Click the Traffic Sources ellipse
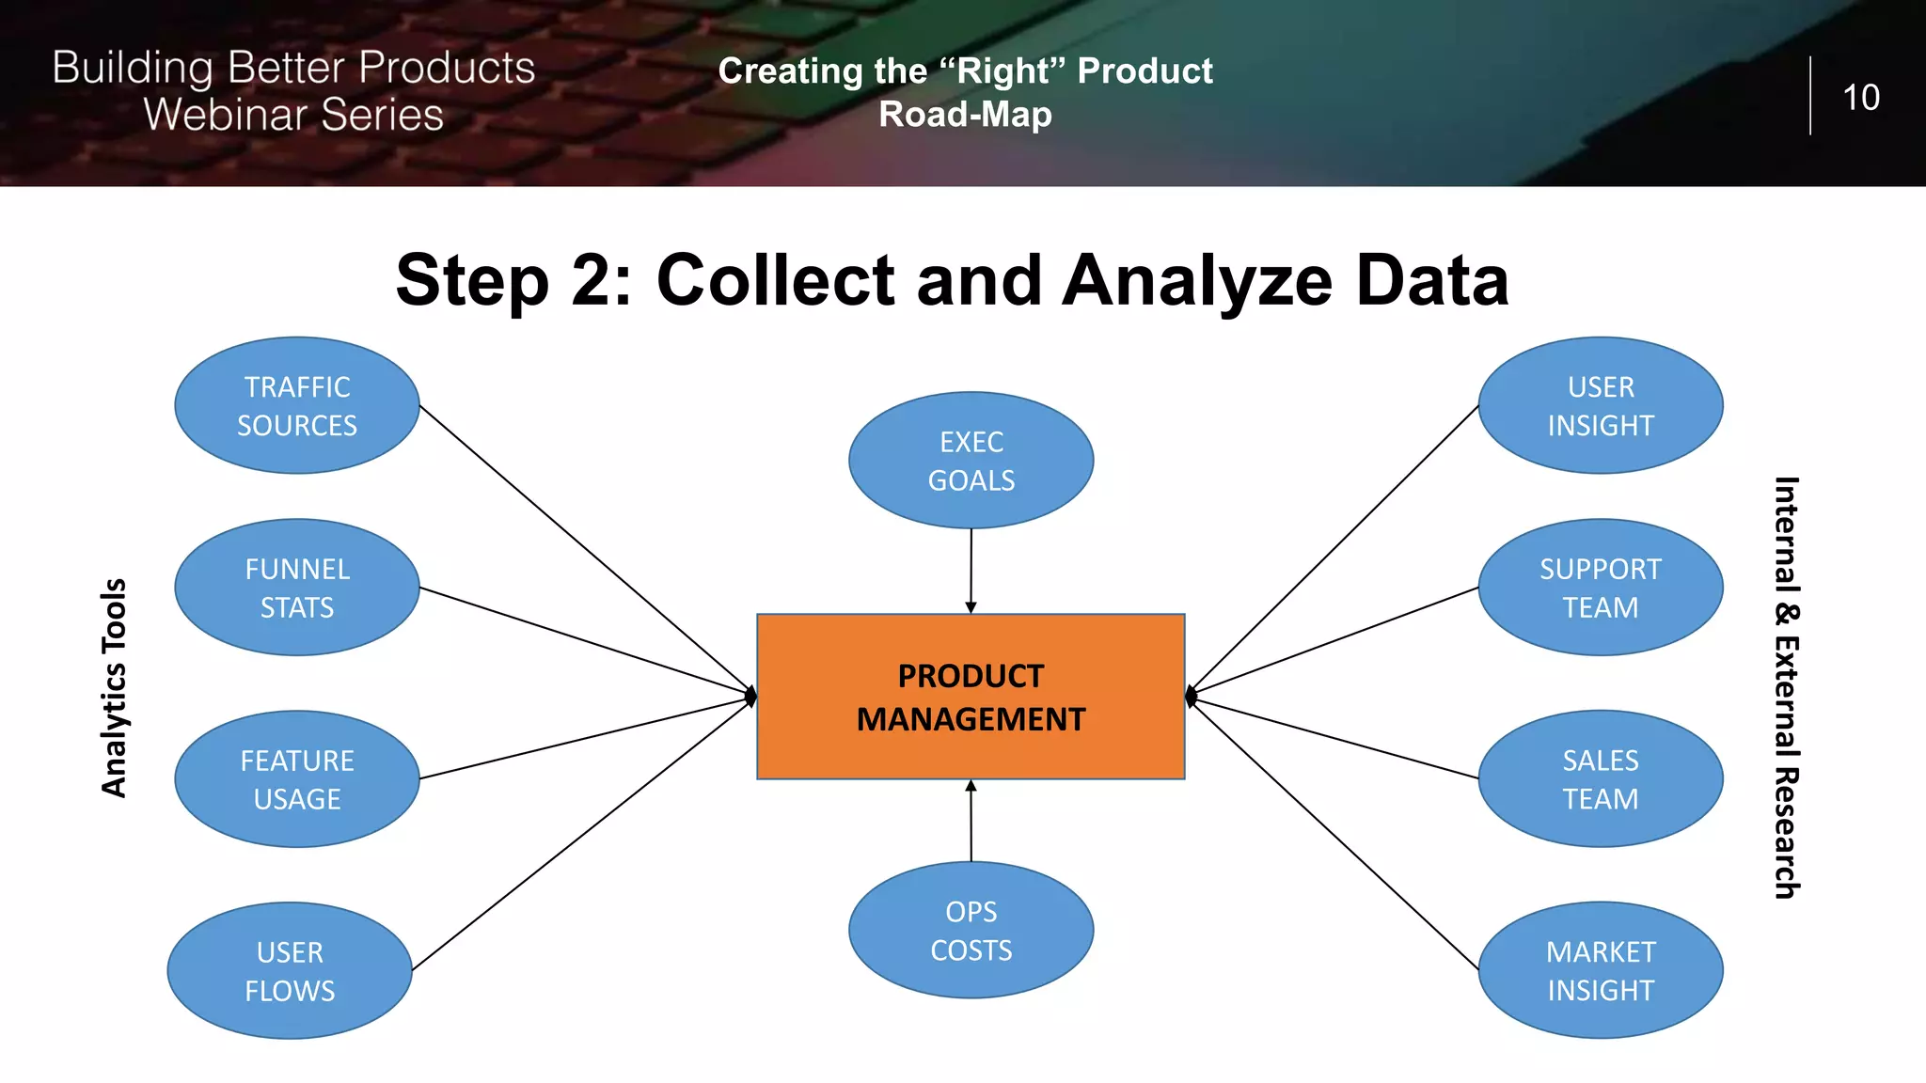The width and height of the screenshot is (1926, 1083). point(297,405)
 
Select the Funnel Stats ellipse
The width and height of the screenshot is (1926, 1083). point(297,588)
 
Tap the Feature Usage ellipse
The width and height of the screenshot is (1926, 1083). point(297,779)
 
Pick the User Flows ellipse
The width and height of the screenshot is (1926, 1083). point(290,970)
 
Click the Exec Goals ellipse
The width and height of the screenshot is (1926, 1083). point(971,461)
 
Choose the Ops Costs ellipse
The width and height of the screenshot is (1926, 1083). point(971,930)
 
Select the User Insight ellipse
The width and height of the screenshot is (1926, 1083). point(1601,405)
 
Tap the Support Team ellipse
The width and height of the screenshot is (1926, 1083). point(1601,588)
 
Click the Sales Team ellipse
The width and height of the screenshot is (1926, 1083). point(1601,779)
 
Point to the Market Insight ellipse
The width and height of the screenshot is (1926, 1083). point(1601,970)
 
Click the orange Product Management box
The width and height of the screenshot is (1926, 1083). point(971,697)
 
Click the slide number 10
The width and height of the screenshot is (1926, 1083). point(1860,98)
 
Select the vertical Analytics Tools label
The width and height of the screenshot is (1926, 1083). point(114,688)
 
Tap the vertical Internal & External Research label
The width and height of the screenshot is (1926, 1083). point(1786,688)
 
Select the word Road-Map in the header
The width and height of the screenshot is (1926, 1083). point(965,115)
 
